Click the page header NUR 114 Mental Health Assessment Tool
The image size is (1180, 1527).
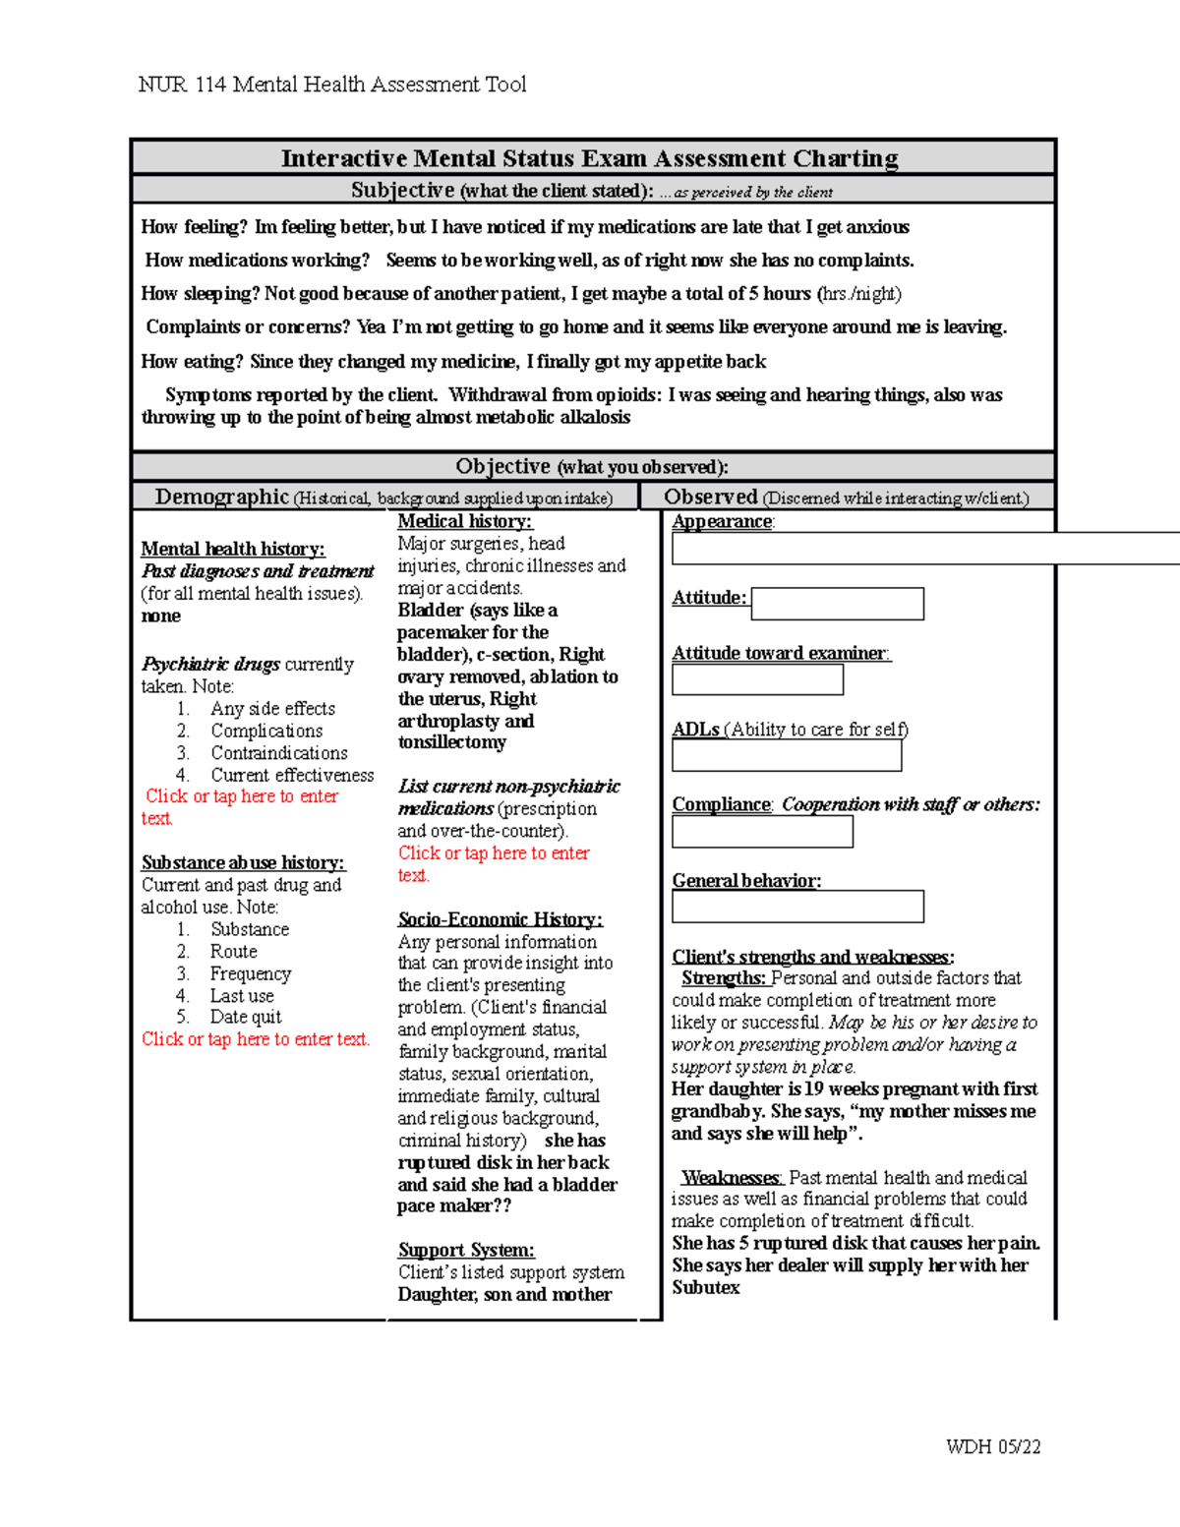tap(332, 85)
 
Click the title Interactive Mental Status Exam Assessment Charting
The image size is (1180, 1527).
tap(590, 158)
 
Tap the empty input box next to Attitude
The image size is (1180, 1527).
tap(837, 604)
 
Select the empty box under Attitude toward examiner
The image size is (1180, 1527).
tap(757, 679)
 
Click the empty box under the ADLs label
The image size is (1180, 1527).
tap(786, 755)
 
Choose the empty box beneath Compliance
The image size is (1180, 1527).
tap(762, 832)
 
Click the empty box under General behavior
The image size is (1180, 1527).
tap(797, 907)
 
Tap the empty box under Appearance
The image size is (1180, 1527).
tap(924, 549)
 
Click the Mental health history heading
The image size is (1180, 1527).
tap(232, 549)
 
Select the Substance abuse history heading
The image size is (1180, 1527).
tap(243, 862)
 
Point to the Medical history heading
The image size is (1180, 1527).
tap(464, 521)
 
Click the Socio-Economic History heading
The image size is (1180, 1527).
tap(500, 919)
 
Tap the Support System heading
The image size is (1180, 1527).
tap(466, 1250)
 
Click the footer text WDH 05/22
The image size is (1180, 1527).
tap(992, 1446)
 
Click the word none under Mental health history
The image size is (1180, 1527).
tap(160, 616)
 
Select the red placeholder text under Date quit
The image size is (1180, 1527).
tap(256, 1039)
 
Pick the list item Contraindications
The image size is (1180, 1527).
tap(278, 752)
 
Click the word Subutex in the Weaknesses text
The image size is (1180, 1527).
tap(706, 1287)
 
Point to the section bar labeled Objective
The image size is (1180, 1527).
tap(592, 466)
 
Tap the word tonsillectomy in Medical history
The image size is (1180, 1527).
tap(451, 742)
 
